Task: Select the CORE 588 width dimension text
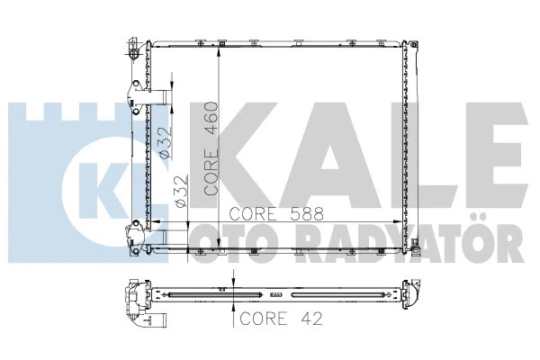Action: coord(271,214)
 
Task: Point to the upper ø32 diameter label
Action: coord(164,142)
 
